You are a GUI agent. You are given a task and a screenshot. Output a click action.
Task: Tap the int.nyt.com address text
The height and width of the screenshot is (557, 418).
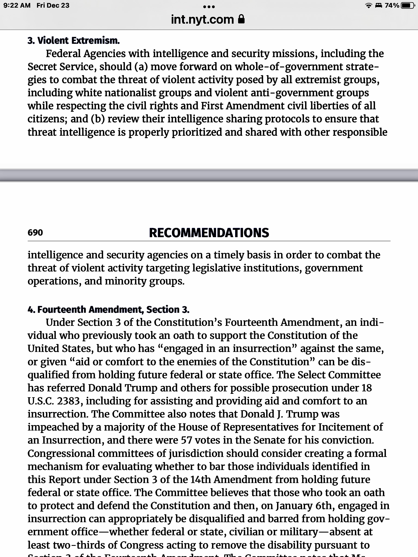tap(202, 20)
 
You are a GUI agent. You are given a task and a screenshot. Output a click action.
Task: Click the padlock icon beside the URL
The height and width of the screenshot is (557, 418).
tap(241, 19)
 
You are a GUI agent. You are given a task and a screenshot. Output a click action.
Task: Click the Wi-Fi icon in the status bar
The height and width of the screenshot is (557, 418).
tap(368, 5)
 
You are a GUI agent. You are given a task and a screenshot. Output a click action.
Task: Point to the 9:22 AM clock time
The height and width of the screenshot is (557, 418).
tap(17, 5)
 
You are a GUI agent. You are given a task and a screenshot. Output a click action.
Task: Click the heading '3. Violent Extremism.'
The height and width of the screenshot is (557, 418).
tap(73, 41)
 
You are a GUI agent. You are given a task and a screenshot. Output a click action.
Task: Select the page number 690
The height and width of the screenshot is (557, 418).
tap(35, 233)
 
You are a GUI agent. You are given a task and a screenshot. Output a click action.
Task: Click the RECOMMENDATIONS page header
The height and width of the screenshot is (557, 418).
tap(209, 233)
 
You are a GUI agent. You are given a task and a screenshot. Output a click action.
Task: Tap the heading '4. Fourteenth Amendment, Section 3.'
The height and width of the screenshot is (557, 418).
tap(108, 310)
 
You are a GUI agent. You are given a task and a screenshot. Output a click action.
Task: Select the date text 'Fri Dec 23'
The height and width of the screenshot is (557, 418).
tap(53, 5)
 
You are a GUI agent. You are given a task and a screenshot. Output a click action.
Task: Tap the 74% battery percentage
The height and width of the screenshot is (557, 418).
tap(392, 5)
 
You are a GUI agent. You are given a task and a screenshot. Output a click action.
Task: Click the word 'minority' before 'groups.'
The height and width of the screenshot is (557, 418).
tap(125, 281)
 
